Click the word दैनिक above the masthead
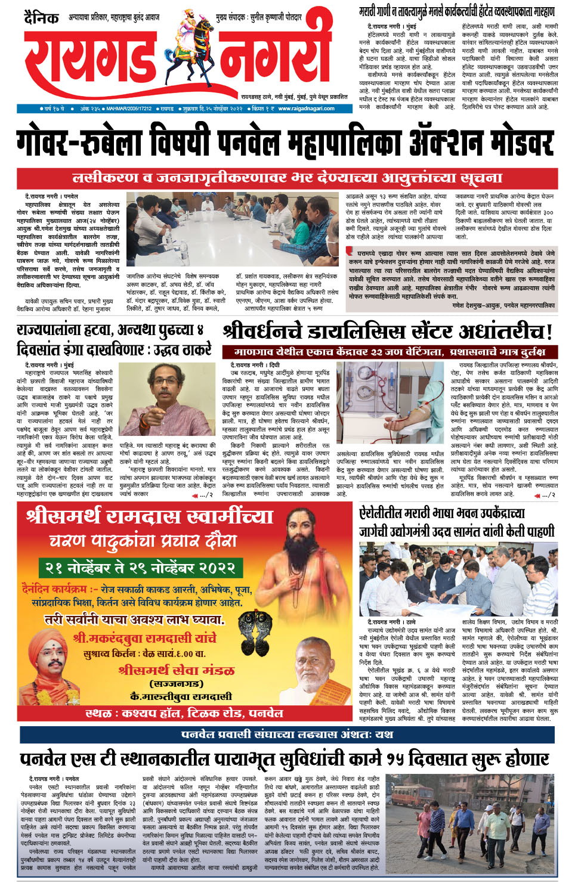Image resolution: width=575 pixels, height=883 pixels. point(41,18)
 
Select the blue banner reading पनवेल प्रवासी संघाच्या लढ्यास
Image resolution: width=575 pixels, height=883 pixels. point(287,735)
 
